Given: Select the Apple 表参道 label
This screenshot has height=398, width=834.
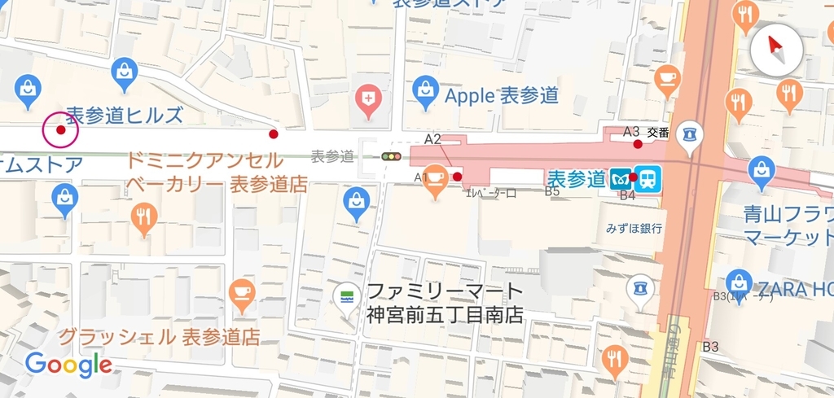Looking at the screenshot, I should [502, 95].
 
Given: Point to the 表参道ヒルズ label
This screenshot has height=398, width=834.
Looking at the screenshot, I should [125, 115].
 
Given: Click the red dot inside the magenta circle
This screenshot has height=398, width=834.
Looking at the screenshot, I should [60, 130].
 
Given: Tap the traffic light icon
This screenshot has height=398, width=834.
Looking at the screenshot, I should [393, 155].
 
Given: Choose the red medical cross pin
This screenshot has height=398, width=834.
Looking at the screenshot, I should [369, 98].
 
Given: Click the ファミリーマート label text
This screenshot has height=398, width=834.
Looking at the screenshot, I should [445, 291].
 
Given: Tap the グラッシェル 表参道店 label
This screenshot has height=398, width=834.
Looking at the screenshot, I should [159, 336].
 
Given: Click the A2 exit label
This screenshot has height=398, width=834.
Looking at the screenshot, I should [432, 139].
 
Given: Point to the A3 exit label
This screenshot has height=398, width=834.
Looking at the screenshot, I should [630, 131].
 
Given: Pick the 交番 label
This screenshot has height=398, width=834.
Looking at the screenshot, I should [658, 132].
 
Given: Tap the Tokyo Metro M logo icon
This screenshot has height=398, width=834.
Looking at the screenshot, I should [622, 179].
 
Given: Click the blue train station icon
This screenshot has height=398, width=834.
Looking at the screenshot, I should [648, 179].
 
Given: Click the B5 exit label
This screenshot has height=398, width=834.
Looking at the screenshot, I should [551, 191].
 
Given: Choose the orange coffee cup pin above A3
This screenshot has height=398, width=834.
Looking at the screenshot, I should [667, 78].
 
